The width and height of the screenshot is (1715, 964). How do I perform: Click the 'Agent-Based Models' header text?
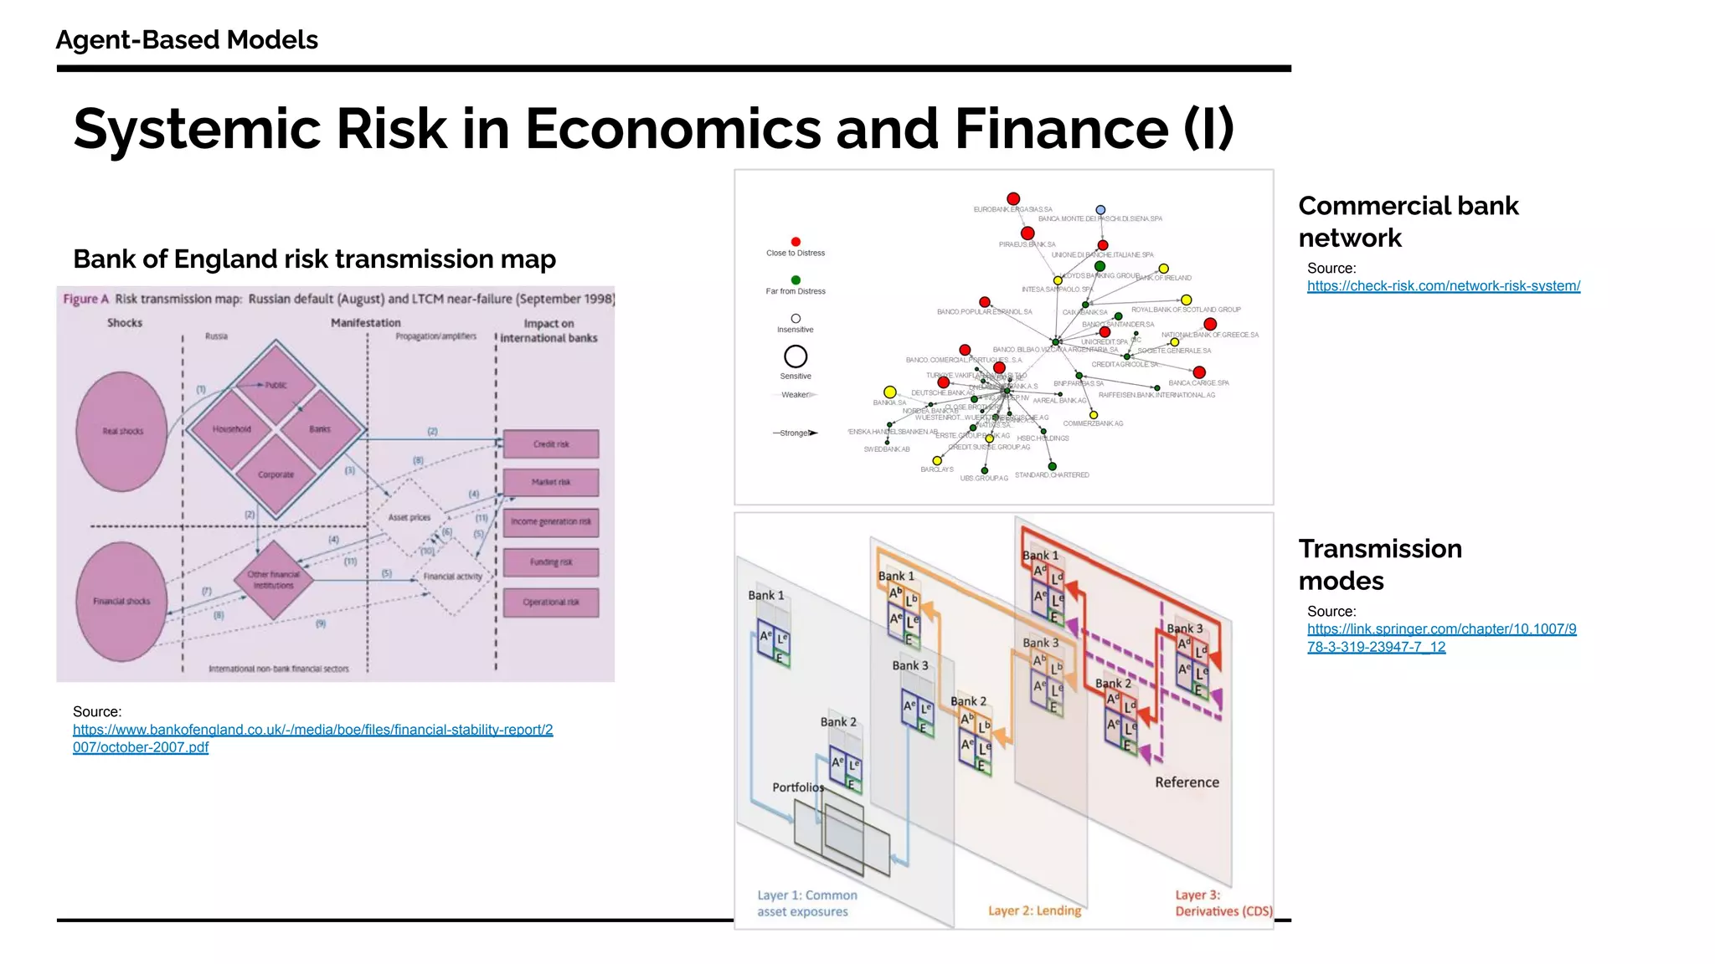point(187,40)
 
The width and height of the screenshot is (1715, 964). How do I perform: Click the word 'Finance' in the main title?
point(1061,130)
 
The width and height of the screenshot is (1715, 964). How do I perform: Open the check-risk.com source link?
point(1443,286)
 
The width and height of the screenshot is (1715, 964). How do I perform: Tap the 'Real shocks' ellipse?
point(122,432)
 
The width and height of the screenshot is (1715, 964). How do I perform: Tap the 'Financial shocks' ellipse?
point(122,602)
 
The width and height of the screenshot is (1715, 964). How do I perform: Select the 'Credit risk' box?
point(551,444)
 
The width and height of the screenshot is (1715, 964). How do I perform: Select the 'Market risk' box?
point(551,483)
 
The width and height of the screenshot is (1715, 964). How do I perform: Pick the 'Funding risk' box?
point(551,562)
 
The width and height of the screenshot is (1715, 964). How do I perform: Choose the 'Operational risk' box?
point(551,602)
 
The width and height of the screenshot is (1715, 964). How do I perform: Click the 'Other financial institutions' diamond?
point(273,580)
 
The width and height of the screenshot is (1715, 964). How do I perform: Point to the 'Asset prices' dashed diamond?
point(409,517)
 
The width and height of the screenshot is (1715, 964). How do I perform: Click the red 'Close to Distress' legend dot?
point(796,242)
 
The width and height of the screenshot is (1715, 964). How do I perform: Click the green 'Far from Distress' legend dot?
point(796,280)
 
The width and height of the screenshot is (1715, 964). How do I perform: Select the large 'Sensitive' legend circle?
point(796,356)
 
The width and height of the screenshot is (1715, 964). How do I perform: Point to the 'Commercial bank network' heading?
point(1408,222)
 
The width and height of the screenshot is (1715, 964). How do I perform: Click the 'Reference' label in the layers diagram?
point(1187,782)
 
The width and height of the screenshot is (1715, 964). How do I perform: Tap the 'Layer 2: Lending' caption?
point(1034,910)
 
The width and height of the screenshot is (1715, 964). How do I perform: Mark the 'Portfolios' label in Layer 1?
point(797,787)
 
